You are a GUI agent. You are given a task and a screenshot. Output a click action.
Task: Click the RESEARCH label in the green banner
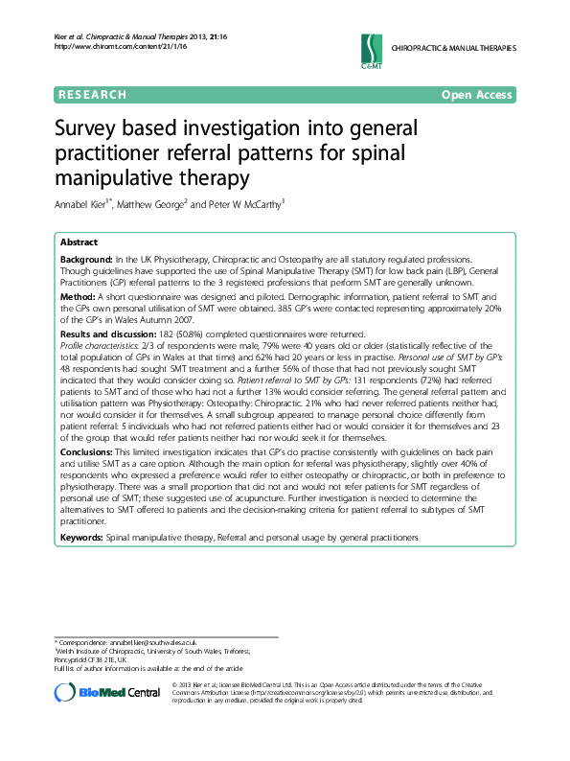tap(92, 95)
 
